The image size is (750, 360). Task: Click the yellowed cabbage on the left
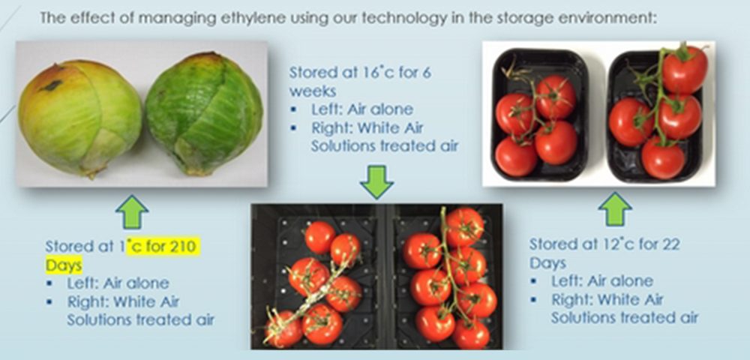pos(80,118)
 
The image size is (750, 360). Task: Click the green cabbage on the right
pos(204,115)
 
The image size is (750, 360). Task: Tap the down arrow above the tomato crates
pos(376,182)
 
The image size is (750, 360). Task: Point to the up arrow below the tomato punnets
pos(615,209)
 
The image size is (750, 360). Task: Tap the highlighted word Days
pos(64,265)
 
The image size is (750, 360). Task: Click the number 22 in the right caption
pos(670,244)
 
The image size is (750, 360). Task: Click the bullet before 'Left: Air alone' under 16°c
pos(294,109)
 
